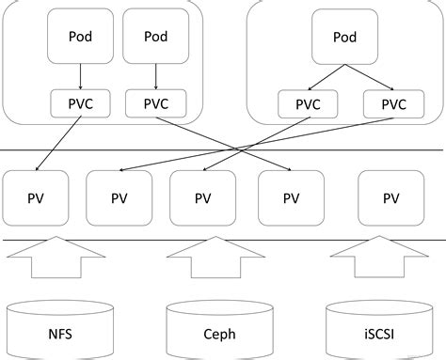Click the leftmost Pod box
(81, 37)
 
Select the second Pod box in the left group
(157, 37)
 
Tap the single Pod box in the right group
(345, 37)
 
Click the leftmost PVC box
(80, 102)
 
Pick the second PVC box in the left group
(155, 102)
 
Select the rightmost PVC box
(389, 102)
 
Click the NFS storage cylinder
(58, 329)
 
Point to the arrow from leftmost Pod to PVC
(81, 74)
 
